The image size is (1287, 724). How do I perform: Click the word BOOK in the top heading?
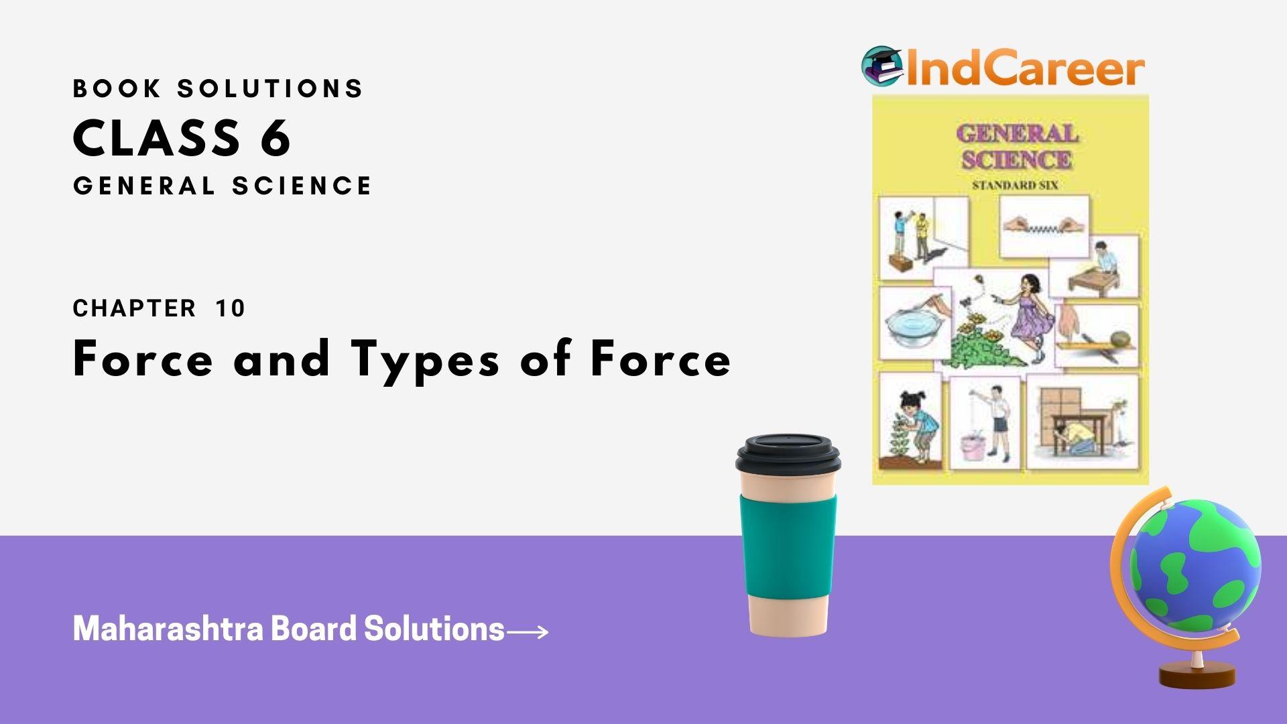tap(117, 88)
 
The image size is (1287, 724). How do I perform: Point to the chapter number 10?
tap(231, 308)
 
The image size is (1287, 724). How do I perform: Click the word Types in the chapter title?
tap(425, 359)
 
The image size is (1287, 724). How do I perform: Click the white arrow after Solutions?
tap(528, 631)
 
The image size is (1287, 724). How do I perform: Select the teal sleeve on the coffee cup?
tap(788, 543)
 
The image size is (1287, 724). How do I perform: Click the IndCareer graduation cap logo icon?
tap(882, 66)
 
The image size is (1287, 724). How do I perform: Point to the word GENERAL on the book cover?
tap(1017, 134)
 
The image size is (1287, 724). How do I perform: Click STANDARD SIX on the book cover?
tap(1015, 185)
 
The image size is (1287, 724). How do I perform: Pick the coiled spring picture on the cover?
tap(1044, 227)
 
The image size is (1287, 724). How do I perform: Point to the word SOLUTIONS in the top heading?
tap(270, 88)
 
